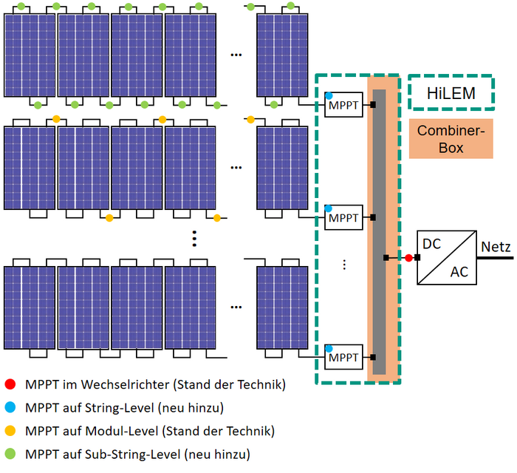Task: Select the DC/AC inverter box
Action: pos(448,257)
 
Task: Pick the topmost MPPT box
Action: pos(343,106)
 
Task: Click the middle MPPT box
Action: pos(343,218)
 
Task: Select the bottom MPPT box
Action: pos(343,358)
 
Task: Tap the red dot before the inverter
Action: pos(408,258)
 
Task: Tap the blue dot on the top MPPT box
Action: pos(329,96)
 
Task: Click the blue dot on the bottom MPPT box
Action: pos(329,348)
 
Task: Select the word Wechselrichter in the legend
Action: pos(122,384)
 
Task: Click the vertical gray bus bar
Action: pos(379,229)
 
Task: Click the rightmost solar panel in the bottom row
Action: pos(281,305)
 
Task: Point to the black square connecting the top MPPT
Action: pos(373,105)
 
